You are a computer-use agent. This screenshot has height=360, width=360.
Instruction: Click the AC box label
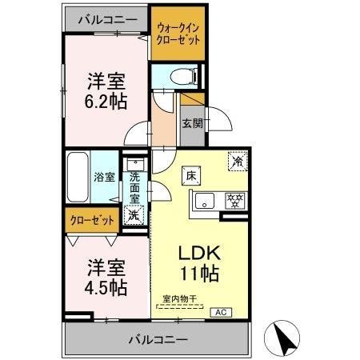click(x=220, y=312)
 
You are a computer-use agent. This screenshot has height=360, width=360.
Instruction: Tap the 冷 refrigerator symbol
click(x=237, y=160)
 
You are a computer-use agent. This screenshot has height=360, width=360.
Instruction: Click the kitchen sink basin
click(x=204, y=200)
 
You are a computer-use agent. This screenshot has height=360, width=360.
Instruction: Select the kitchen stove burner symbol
click(x=234, y=200)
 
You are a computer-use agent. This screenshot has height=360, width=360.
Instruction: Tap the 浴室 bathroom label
click(x=104, y=178)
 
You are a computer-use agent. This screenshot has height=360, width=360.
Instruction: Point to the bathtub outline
click(x=77, y=177)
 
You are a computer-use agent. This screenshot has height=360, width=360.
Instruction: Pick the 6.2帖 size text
click(x=106, y=102)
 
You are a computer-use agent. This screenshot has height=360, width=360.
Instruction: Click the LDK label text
click(x=205, y=253)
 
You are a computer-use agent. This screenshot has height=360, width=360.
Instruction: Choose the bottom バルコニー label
click(x=157, y=339)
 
